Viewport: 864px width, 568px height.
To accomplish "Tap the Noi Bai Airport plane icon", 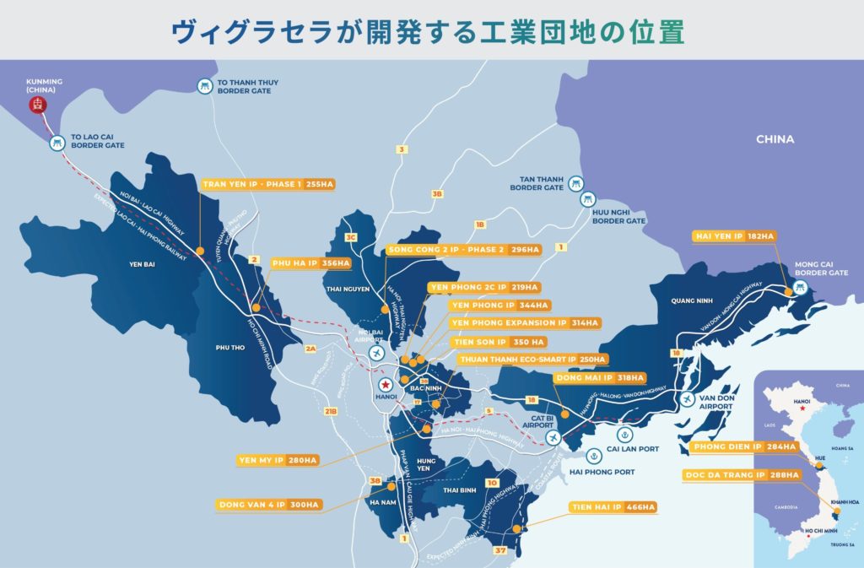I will (x=376, y=352).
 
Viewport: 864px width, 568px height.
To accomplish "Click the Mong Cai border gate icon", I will (x=801, y=288).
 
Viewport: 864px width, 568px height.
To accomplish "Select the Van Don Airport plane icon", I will (x=689, y=398).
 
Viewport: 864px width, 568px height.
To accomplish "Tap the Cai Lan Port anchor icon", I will (x=624, y=435).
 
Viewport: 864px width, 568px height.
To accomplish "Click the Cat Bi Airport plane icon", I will (x=553, y=438).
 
